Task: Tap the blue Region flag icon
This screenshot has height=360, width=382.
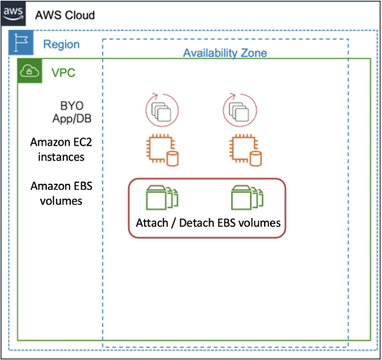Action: pos(19,44)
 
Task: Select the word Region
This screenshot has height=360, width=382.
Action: pos(61,45)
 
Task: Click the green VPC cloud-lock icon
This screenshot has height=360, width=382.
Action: pos(29,72)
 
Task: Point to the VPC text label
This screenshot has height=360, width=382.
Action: pos(63,72)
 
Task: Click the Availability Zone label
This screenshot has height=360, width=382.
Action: pos(225,53)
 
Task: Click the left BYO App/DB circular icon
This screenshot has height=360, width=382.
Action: pos(160,111)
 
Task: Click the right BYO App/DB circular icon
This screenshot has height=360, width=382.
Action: pos(241,111)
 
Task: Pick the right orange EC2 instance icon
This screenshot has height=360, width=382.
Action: pos(245,150)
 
